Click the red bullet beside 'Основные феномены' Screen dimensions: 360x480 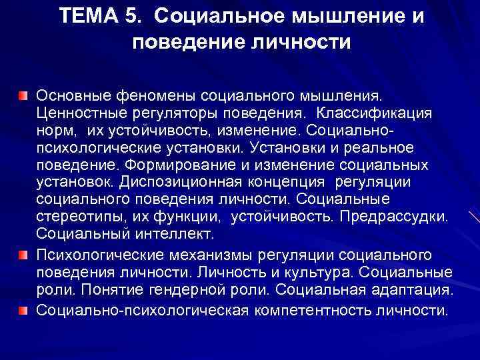click(x=23, y=97)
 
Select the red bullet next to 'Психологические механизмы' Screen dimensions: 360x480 click(x=23, y=256)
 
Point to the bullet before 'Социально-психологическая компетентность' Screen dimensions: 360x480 click(x=23, y=310)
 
